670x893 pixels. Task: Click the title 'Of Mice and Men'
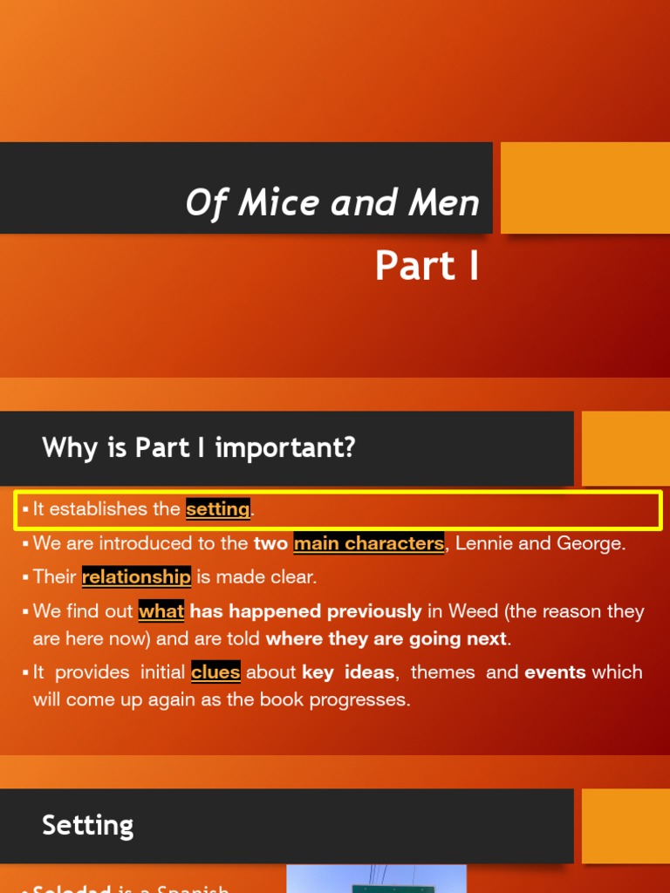(332, 203)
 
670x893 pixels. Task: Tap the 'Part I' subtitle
(427, 266)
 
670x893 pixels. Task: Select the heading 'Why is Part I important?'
(199, 448)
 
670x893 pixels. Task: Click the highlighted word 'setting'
(218, 508)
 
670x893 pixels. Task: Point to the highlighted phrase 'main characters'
(368, 543)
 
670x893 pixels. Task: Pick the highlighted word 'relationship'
(136, 576)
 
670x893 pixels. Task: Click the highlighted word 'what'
(161, 611)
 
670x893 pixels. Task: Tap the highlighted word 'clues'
(215, 672)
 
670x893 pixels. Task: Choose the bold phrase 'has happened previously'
(305, 611)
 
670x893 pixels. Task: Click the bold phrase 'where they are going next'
(386, 638)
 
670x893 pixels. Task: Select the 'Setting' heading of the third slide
(88, 825)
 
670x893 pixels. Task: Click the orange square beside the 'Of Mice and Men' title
(585, 187)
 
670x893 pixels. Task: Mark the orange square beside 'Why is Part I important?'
(625, 448)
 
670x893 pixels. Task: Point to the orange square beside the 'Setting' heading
(625, 825)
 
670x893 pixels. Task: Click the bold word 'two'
(270, 543)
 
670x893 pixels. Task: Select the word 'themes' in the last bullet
(442, 672)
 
